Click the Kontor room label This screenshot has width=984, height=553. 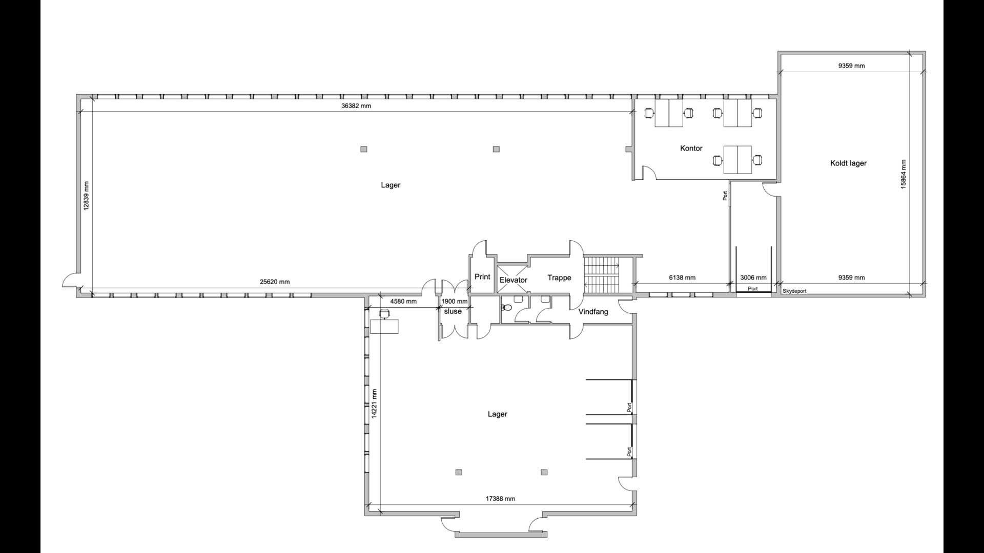691,148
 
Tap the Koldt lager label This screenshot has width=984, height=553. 848,163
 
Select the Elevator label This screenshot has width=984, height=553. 513,280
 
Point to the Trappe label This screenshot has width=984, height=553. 559,278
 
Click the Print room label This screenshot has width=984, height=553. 482,276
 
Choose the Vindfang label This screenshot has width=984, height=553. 593,312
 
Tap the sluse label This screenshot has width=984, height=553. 453,311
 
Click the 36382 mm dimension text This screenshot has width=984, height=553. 356,106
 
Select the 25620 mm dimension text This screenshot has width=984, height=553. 275,282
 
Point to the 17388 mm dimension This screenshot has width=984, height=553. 500,498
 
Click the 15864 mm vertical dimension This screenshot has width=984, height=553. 904,174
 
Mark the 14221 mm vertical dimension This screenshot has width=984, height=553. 375,404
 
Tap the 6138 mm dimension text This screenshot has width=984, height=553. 682,278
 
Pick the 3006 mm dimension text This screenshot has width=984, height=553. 753,278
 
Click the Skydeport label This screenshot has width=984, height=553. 794,291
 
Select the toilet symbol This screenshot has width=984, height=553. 506,308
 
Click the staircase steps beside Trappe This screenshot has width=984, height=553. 602,274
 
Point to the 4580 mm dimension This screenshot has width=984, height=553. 403,301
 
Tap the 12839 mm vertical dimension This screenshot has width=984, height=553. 87,196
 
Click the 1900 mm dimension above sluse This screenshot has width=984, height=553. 455,301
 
